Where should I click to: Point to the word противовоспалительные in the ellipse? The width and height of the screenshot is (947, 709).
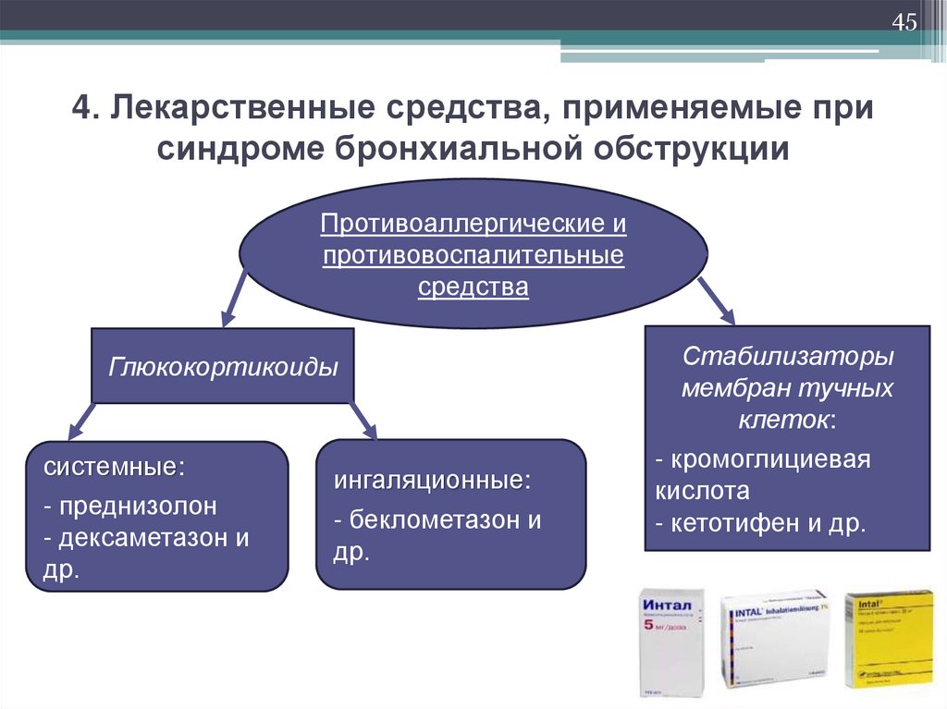pos(473,254)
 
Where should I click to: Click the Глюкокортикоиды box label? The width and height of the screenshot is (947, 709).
pos(223,366)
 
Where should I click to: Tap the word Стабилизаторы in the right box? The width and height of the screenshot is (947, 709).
pos(788,356)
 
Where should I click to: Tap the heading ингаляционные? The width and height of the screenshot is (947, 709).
pos(433,481)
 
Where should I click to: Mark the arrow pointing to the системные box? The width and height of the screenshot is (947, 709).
pos(82,420)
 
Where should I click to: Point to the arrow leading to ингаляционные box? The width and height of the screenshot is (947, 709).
pos(363,420)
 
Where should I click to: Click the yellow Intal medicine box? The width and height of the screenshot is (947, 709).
pos(889,639)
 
